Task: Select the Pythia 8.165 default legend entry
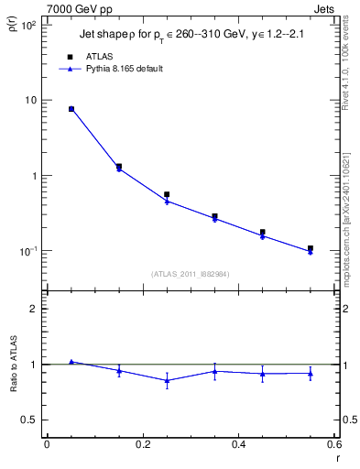point(125,69)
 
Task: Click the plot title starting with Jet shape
point(191,34)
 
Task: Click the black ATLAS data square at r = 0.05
point(71,109)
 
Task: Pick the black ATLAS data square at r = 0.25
point(167,194)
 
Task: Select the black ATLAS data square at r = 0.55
point(311,248)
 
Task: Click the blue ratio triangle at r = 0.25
point(167,380)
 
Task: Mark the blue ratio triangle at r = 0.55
point(311,373)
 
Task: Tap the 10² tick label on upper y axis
point(27,25)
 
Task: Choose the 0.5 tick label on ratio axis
point(28,420)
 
